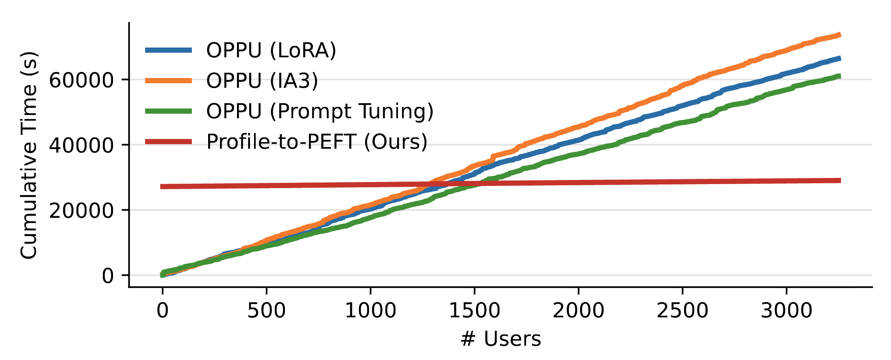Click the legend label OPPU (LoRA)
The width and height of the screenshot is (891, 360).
coord(271,50)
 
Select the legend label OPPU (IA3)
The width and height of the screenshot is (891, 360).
coord(262,80)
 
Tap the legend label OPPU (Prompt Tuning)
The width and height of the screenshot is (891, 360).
coord(320,111)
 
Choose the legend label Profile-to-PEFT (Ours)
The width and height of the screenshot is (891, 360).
coord(317,141)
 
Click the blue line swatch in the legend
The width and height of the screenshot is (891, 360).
coord(168,50)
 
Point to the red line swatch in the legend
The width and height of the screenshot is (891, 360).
coord(168,141)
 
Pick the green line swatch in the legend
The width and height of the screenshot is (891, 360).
coord(168,111)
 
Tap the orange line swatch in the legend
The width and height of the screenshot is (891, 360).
coord(168,80)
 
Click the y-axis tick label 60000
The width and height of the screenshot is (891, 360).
coord(81,80)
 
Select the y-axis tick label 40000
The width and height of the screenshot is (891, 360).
coord(81,145)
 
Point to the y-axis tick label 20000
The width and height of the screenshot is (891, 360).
coord(81,210)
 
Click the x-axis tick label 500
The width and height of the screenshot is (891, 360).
coord(266,310)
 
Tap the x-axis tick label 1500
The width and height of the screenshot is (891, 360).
coord(474,310)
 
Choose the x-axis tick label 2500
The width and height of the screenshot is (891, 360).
coord(682,310)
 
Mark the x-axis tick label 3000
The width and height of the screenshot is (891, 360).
coord(786,310)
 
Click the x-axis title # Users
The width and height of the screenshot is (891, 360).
coord(500,338)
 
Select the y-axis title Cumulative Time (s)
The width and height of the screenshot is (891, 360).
coord(29,155)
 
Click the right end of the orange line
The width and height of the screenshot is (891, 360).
coord(839,35)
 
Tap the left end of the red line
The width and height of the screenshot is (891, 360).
coord(161,187)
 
